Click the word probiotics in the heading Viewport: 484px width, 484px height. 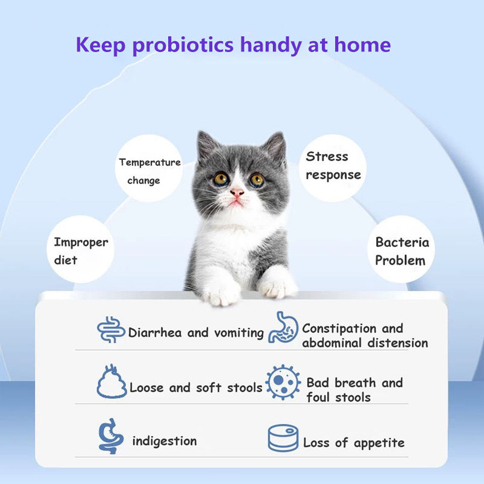pos(183,45)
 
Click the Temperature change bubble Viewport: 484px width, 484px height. pos(149,168)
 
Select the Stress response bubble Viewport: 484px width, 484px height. pos(333,168)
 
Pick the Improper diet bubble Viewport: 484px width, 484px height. pos(81,249)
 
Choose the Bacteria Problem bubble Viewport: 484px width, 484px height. pos(401,249)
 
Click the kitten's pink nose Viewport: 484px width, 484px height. pos(237,193)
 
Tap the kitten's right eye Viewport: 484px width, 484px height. pos(257,179)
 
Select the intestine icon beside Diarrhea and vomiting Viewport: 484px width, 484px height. pos(111,329)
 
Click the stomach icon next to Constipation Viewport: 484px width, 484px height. pos(283,327)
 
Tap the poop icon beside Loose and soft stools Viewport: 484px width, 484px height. pos(111,382)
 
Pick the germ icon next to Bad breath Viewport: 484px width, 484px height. pos(283,383)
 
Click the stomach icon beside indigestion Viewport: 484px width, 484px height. pos(111,436)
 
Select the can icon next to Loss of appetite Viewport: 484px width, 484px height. pos(283,438)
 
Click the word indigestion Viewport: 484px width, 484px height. pos(164,441)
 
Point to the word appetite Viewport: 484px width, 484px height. pos(379,443)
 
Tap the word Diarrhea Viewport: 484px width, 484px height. pos(155,333)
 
